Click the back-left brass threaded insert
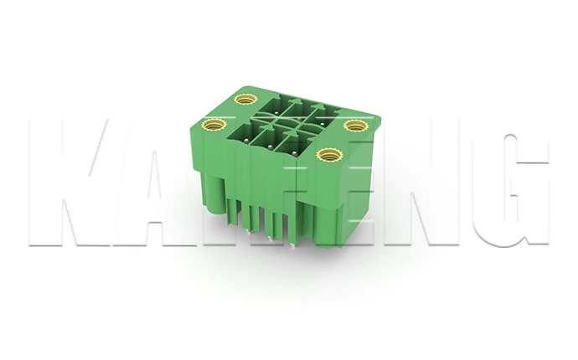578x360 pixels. coord(245,100)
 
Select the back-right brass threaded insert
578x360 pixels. coord(356,126)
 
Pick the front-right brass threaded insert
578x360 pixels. coord(328,155)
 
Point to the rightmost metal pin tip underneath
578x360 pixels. coord(291,244)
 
